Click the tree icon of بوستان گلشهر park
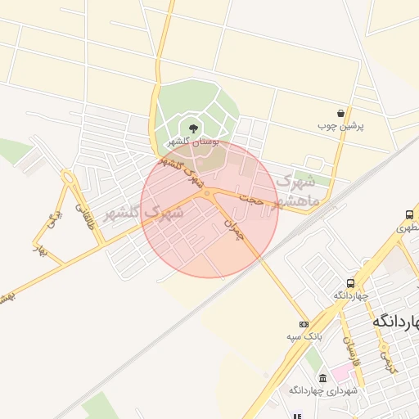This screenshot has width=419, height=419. tap(193, 128)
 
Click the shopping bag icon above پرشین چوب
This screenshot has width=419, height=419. tap(340, 113)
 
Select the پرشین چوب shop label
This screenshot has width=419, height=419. tap(340, 127)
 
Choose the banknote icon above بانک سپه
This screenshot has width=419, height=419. tap(304, 324)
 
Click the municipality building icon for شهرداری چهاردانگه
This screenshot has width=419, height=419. tap(322, 377)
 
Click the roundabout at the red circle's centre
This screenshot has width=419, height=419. tap(208, 194)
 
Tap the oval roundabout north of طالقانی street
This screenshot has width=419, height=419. tap(68, 177)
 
